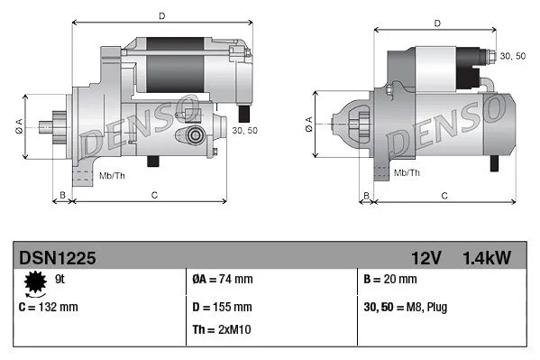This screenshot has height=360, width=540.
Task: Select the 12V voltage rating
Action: (x=427, y=258)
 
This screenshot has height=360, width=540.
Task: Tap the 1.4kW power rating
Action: (x=486, y=258)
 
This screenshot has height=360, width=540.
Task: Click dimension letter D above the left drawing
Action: (x=161, y=15)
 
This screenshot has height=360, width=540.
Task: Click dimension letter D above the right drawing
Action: (x=437, y=23)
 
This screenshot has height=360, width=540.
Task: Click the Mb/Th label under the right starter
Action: (x=407, y=171)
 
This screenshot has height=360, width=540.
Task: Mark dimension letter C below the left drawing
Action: (x=154, y=195)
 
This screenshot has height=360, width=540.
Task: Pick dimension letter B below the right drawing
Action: (x=367, y=195)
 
